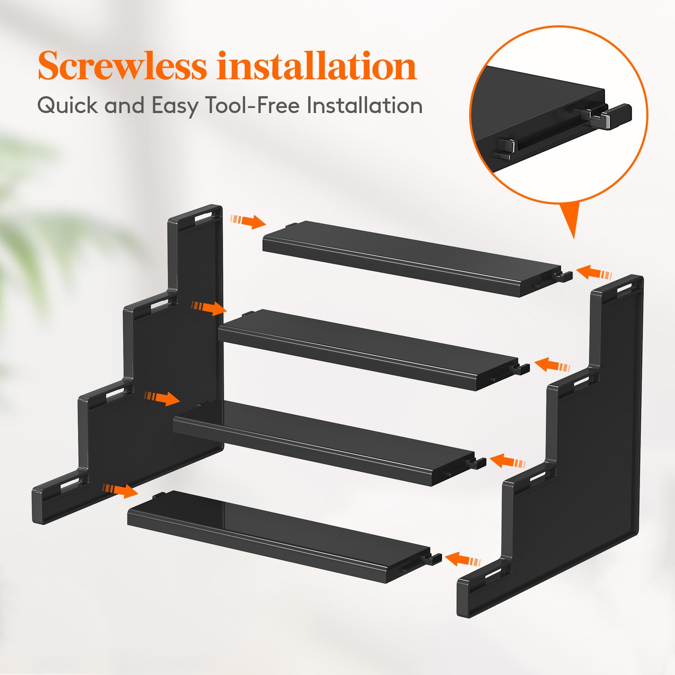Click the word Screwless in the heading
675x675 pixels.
[x=122, y=66]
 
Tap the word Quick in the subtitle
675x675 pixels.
[x=67, y=105]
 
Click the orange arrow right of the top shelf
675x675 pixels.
[x=594, y=273]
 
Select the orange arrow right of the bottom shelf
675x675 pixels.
[x=463, y=560]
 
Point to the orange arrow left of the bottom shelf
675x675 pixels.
[x=120, y=491]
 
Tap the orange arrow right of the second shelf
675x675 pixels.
[x=552, y=365]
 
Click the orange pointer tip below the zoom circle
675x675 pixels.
[x=573, y=239]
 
